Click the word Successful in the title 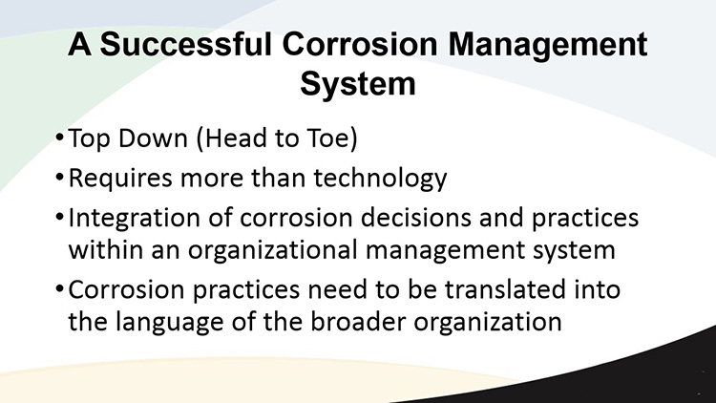186,44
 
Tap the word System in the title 358,85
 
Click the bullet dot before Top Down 59,137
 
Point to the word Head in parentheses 231,138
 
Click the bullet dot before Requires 59,177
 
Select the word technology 380,179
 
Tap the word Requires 120,179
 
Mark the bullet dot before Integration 59,216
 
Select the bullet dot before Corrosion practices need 59,287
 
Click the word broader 358,321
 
